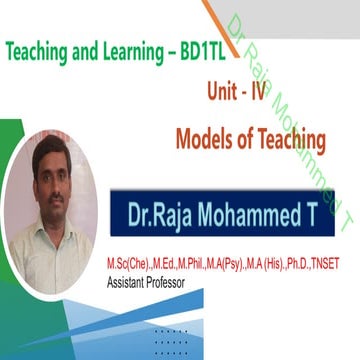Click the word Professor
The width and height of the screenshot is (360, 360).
[x=163, y=282]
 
